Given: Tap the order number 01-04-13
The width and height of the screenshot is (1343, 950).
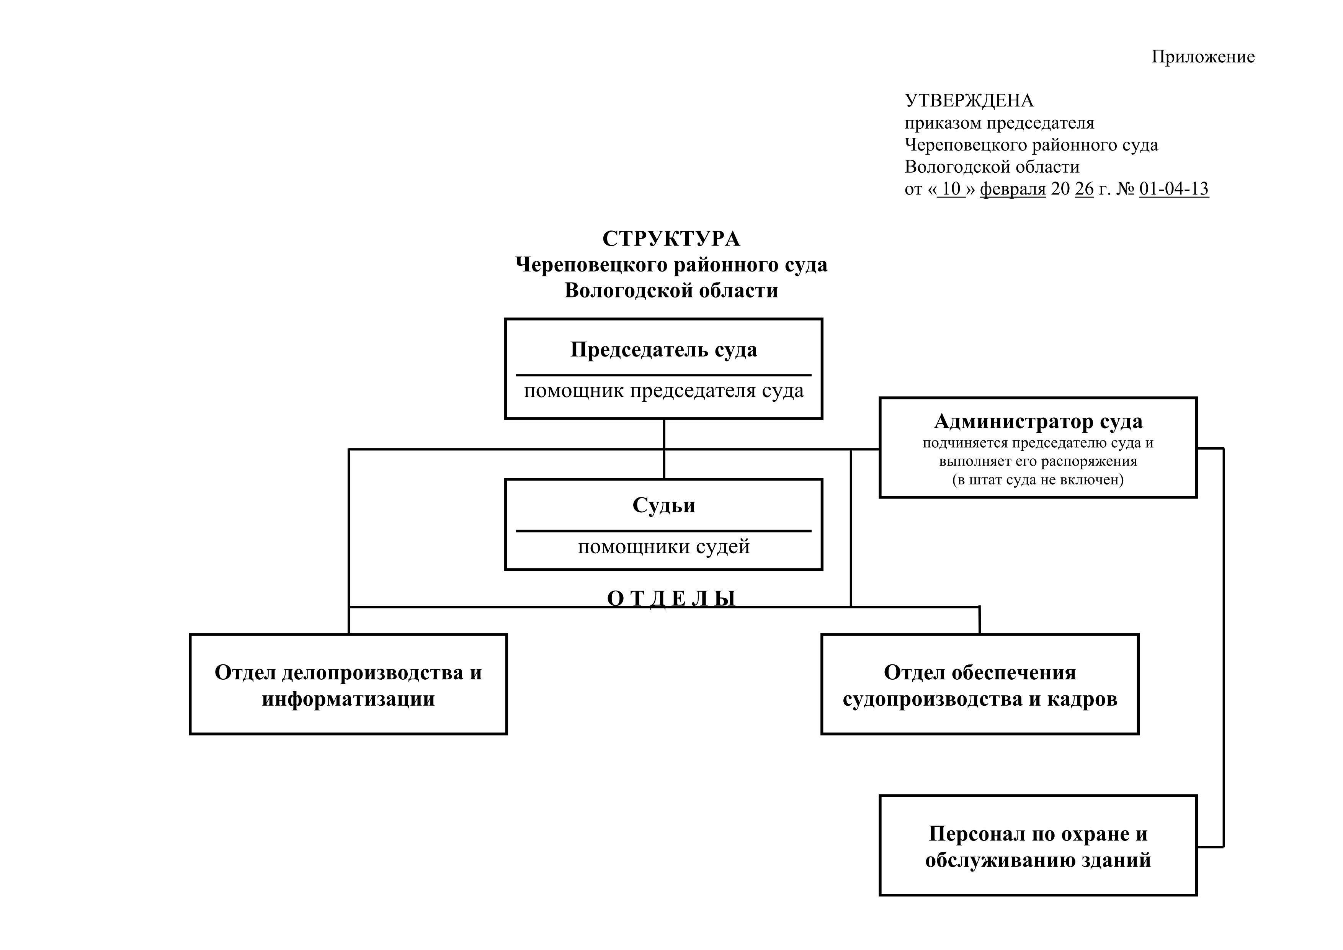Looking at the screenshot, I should (1173, 188).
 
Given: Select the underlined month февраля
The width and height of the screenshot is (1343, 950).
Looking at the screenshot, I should (1013, 189).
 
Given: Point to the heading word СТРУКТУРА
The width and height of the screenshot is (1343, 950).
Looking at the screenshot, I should (671, 239).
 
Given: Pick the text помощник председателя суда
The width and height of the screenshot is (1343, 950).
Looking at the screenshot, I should (663, 391).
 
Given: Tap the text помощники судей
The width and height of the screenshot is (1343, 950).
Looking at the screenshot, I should (663, 546).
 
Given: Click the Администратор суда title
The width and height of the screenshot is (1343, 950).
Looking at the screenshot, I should (1037, 421).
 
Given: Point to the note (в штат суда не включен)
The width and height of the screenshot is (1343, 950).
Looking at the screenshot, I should (1037, 480).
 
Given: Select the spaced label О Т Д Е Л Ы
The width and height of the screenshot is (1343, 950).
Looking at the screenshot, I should (671, 598).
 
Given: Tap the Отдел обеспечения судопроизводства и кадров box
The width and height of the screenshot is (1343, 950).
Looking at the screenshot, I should (980, 684).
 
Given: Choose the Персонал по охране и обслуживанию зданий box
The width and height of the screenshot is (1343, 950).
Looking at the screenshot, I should (1037, 846).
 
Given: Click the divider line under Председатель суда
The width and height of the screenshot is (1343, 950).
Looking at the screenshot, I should (663, 375).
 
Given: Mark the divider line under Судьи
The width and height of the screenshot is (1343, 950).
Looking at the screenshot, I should (663, 531).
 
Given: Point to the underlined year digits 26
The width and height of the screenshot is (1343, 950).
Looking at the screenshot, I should (1084, 189).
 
